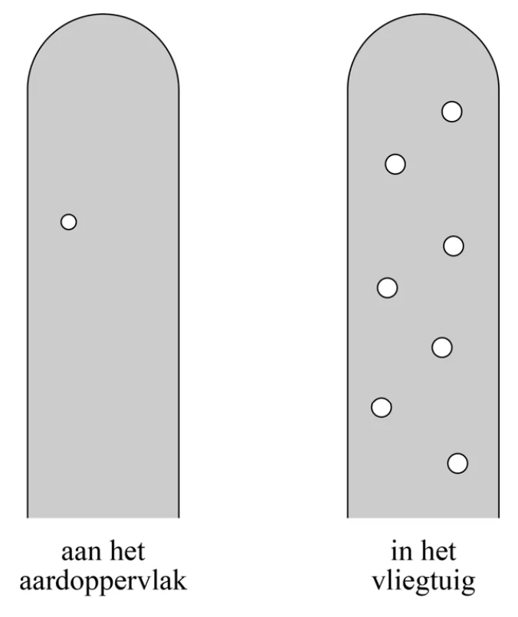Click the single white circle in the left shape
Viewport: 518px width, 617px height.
pyautogui.click(x=68, y=222)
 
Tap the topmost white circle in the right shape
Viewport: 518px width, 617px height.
pyautogui.click(x=452, y=112)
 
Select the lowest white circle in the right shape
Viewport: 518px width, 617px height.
pyautogui.click(x=457, y=463)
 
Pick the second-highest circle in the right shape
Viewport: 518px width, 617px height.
pyautogui.click(x=395, y=164)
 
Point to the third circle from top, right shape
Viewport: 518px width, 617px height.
pyautogui.click(x=454, y=246)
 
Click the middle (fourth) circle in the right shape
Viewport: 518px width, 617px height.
pyautogui.click(x=387, y=288)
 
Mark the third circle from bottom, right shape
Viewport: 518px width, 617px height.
pyautogui.click(x=441, y=348)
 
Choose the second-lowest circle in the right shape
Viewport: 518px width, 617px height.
pyautogui.click(x=382, y=407)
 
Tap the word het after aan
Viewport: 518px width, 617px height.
pyautogui.click(x=127, y=552)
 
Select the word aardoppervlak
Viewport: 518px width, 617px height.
pyautogui.click(x=103, y=583)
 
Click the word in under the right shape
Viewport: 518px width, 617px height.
pyautogui.click(x=402, y=551)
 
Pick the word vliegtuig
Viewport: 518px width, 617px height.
pyautogui.click(x=424, y=583)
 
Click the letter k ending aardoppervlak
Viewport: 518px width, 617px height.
pyautogui.click(x=179, y=581)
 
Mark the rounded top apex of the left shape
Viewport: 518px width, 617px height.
pyautogui.click(x=103, y=14)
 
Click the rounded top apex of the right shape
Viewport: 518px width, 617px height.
pyautogui.click(x=423, y=14)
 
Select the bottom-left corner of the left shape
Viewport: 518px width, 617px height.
pyautogui.click(x=27, y=517)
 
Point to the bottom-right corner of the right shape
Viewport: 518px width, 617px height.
pyautogui.click(x=499, y=517)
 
